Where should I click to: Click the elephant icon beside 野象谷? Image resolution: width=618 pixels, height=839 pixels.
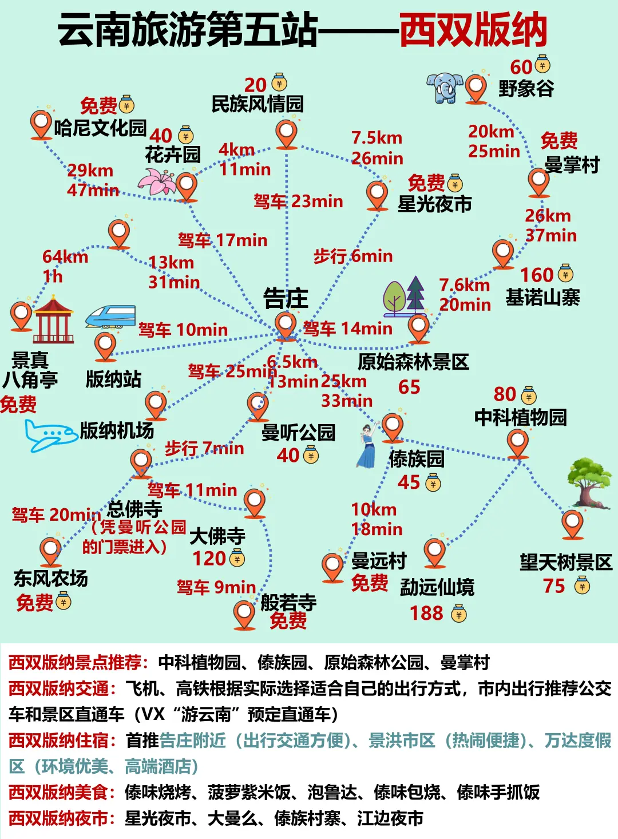pos(444,88)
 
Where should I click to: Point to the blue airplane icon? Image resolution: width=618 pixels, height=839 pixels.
pos(50,436)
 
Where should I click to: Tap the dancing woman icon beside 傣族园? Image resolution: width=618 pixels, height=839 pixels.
pos(366,446)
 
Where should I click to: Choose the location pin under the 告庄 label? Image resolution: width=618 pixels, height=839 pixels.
pos(286,325)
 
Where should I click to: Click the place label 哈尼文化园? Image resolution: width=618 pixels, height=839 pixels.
pos(100,128)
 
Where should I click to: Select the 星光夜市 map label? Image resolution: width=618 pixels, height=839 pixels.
pos(434,204)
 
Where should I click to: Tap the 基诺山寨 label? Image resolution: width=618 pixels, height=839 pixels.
pos(542,298)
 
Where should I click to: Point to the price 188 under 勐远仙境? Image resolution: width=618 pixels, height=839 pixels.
pos(426,614)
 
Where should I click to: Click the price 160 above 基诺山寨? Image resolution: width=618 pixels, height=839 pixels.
pos(536,275)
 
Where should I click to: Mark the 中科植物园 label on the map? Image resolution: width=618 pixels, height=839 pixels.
pos(520,417)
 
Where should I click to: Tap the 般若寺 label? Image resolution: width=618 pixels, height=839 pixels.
pos(288,602)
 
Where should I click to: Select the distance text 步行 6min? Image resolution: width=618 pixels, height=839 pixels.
pos(352,256)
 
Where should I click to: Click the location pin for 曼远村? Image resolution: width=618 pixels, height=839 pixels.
pos(332,567)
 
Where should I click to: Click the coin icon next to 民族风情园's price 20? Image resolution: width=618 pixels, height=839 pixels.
pos(279,84)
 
